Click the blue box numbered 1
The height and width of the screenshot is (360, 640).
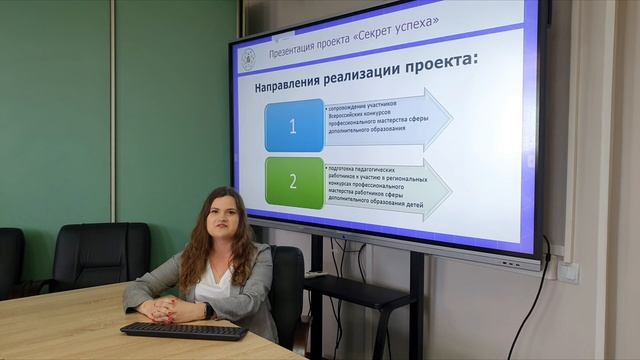coord(294,126)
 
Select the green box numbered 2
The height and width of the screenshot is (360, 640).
coord(294,182)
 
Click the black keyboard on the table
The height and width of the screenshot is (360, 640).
coord(183,330)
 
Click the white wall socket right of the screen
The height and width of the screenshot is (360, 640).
coord(568,270)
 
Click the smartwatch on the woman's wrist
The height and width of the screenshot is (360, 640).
coord(207,310)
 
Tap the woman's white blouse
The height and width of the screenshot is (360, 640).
coord(214,284)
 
